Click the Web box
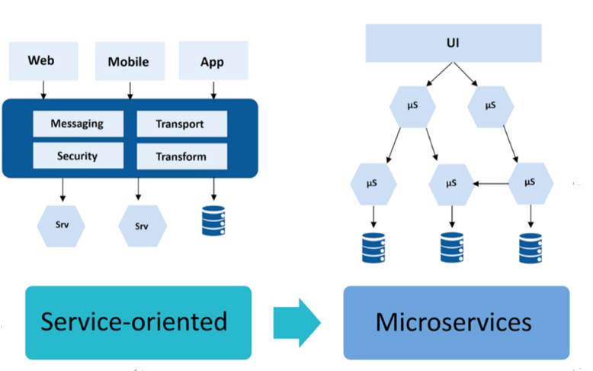click(43, 60)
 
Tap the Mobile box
click(129, 62)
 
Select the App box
click(213, 60)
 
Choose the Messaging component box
click(78, 124)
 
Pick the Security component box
click(78, 156)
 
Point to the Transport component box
click(181, 124)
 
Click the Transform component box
click(181, 156)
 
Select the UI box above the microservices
click(453, 43)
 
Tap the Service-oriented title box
click(138, 322)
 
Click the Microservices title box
click(455, 322)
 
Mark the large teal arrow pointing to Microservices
click(296, 322)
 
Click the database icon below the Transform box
click(213, 220)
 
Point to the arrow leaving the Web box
click(43, 89)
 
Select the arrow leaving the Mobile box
click(130, 89)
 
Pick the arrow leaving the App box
click(213, 89)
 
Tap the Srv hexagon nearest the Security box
click(61, 226)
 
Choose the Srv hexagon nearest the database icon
click(143, 226)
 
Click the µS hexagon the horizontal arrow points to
click(451, 183)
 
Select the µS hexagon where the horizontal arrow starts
click(530, 183)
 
